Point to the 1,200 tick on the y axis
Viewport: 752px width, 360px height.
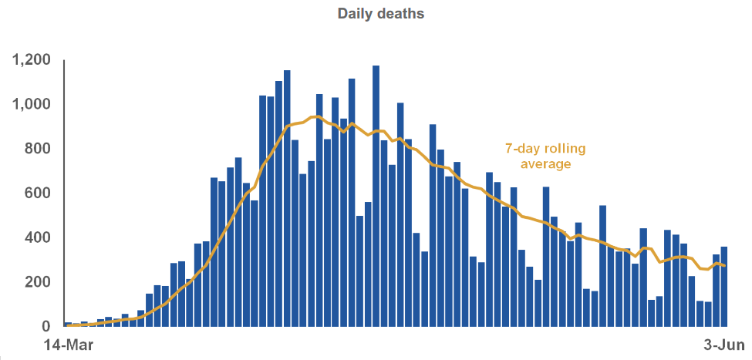pos(31,60)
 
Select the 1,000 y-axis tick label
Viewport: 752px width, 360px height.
pos(31,105)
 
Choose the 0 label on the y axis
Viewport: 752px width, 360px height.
pos(46,326)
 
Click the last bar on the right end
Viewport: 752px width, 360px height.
pos(724,286)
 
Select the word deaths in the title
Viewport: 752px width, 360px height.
pos(402,14)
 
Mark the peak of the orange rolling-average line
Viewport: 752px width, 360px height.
pos(314,116)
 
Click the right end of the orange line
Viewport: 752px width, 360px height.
pos(725,266)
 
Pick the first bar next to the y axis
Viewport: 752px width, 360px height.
pos(68,324)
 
